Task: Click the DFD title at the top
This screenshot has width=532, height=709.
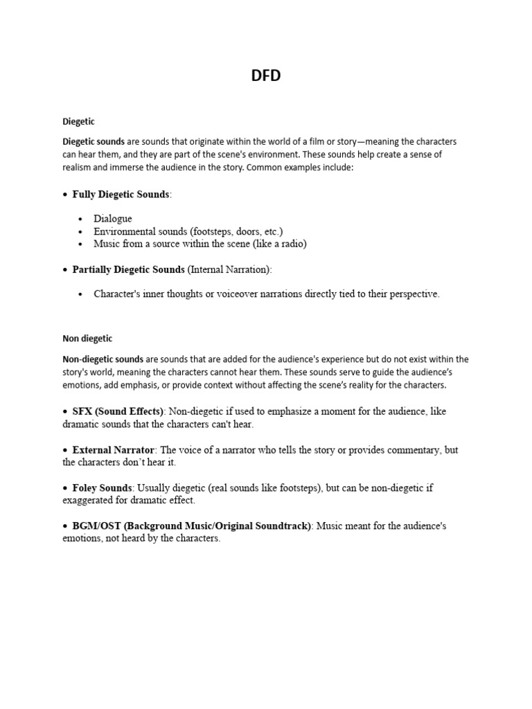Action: tap(266, 76)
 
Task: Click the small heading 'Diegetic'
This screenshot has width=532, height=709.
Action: tap(78, 122)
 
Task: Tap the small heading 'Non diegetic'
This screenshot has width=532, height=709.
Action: tap(87, 339)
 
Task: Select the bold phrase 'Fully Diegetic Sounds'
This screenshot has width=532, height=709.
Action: tap(121, 195)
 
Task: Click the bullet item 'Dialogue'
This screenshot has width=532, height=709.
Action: tap(113, 219)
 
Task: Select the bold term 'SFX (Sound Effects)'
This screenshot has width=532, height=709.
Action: tap(118, 411)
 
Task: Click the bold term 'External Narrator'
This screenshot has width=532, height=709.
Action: tap(114, 449)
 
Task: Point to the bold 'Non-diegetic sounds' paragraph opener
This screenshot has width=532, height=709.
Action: tap(103, 359)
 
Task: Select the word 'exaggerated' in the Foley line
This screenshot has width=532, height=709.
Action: tap(89, 500)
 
